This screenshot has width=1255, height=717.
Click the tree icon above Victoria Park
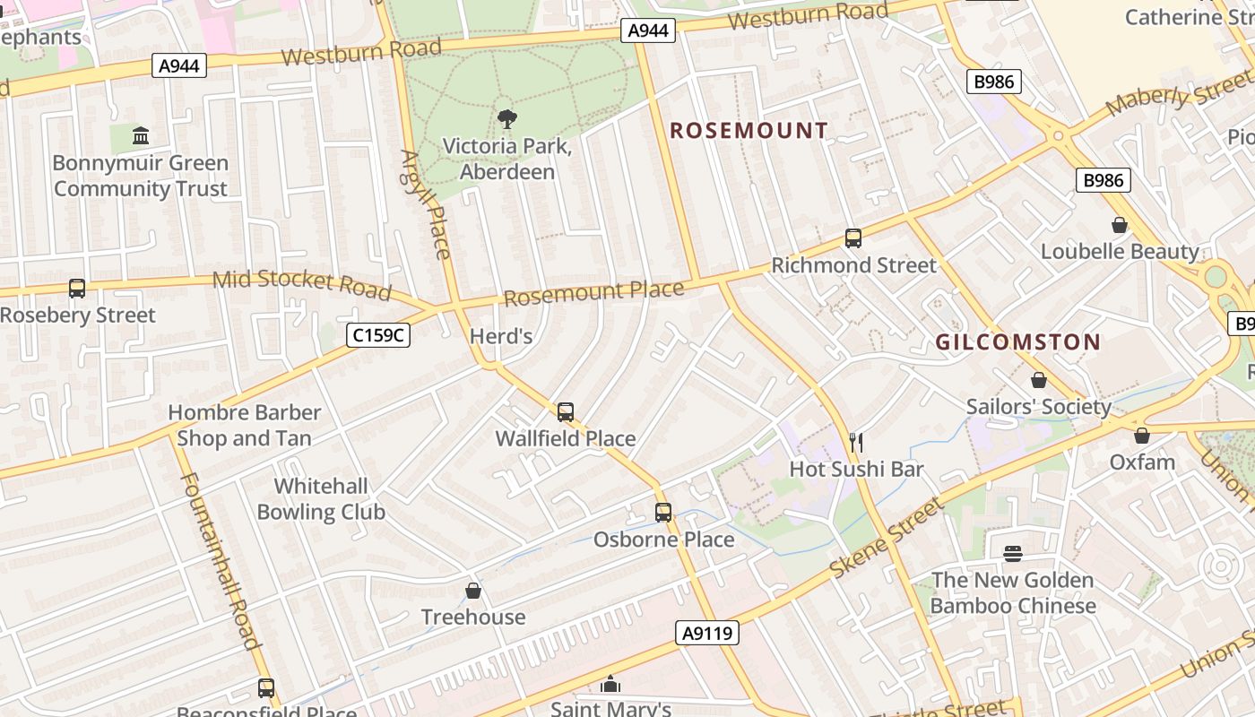coord(506,118)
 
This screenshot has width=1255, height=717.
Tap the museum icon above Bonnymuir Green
coord(141,136)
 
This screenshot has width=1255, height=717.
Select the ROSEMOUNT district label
coord(749,131)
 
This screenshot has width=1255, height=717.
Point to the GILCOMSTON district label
coord(1018,342)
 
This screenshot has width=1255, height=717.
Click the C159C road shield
coord(378,335)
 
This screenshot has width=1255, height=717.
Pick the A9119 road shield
coord(707,634)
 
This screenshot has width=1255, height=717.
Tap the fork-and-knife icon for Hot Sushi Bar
coord(856,442)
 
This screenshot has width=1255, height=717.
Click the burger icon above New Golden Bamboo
coord(1013,554)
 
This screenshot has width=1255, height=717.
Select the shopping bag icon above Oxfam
coord(1141,436)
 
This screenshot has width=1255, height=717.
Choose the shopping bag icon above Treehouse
coord(473,591)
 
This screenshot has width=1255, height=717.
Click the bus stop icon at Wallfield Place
coord(566,412)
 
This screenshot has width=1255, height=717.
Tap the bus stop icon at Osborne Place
coord(663,513)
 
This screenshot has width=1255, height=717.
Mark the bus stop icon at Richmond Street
coord(853,238)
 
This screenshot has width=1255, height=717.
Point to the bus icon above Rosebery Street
coord(77,289)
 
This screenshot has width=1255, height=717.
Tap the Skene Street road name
coord(887,538)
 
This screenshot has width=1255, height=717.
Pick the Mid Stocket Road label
coord(301,283)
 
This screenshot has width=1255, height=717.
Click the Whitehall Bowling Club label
coord(321,499)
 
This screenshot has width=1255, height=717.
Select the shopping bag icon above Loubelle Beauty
coord(1120,225)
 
